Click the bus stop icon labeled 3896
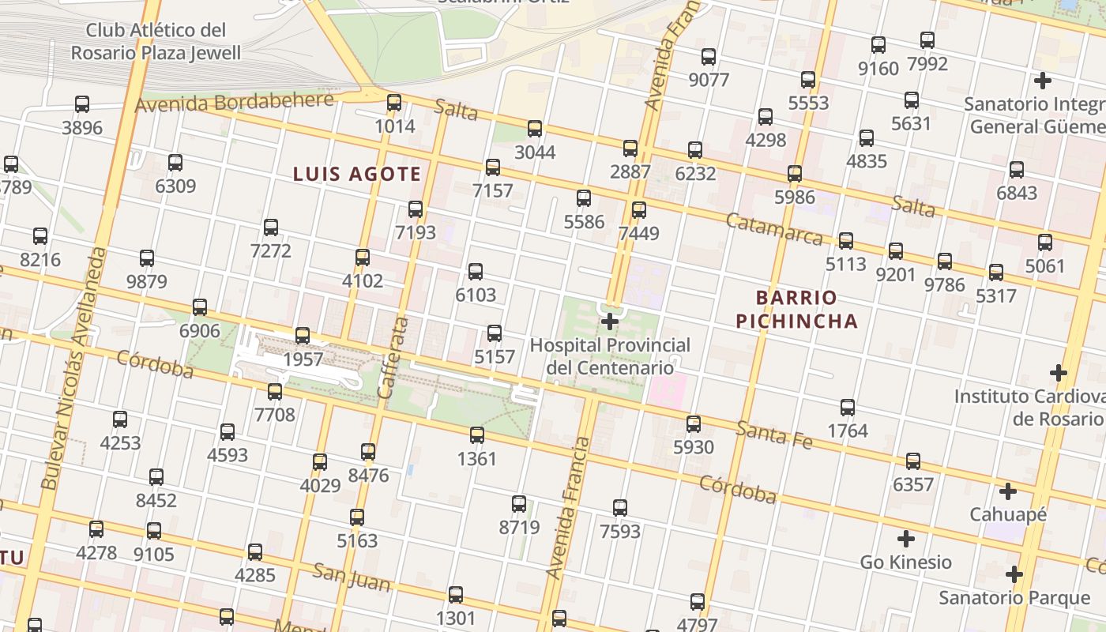tap(82, 103)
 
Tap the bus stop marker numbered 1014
tap(394, 103)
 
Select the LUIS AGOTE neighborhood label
tap(357, 174)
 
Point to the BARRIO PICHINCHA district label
tap(796, 309)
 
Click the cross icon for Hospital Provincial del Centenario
tap(610, 322)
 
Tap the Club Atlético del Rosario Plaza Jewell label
tap(156, 42)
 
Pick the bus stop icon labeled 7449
tap(639, 210)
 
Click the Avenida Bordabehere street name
tap(235, 103)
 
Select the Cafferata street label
tap(393, 357)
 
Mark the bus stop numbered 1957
tap(303, 336)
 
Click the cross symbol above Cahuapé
tap(1008, 491)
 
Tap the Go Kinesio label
tap(905, 562)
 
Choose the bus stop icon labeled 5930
tap(694, 424)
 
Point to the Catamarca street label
tap(773, 229)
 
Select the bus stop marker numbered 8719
tap(519, 504)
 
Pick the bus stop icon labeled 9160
tap(878, 45)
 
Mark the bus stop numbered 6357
tap(913, 461)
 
